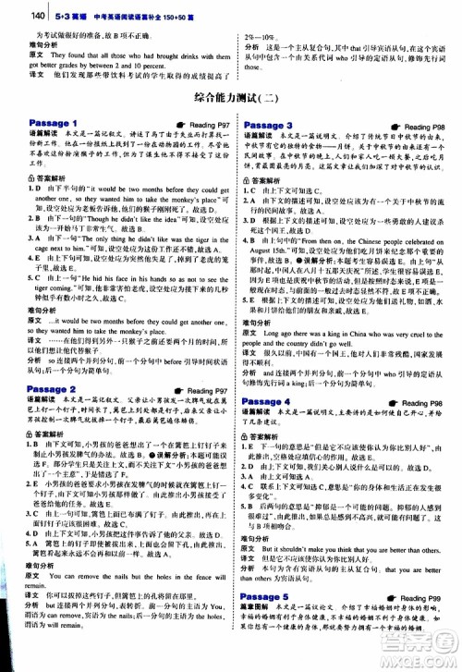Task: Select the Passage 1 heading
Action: tap(52, 124)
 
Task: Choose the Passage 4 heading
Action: tap(267, 402)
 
